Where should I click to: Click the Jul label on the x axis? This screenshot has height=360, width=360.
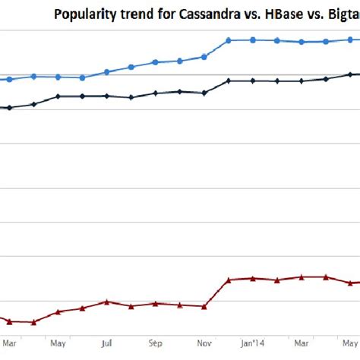pyautogui.click(x=107, y=343)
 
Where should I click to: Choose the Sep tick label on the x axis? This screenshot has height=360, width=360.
pyautogui.click(x=155, y=343)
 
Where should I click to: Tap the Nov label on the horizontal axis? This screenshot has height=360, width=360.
pyautogui.click(x=204, y=343)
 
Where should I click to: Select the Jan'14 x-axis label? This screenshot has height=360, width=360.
pyautogui.click(x=253, y=343)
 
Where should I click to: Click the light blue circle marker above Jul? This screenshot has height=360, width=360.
pyautogui.click(x=107, y=71)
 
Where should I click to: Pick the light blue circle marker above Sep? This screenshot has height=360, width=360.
pyautogui.click(x=155, y=62)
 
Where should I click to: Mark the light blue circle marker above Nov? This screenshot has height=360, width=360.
pyautogui.click(x=204, y=56)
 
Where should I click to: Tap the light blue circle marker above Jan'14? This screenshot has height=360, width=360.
pyautogui.click(x=253, y=39)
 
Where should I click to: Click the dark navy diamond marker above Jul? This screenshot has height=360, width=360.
pyautogui.click(x=107, y=96)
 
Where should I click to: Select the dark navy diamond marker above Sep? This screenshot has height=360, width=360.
pyautogui.click(x=155, y=93)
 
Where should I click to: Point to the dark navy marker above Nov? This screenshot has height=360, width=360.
pyautogui.click(x=204, y=93)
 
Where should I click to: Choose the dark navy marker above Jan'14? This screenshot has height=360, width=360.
pyautogui.click(x=253, y=81)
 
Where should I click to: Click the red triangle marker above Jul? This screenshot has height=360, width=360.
pyautogui.click(x=107, y=302)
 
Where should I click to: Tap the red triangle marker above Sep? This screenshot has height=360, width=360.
pyautogui.click(x=155, y=303)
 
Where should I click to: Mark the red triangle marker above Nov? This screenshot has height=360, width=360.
pyautogui.click(x=204, y=306)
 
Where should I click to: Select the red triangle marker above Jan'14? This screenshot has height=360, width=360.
pyautogui.click(x=253, y=278)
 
